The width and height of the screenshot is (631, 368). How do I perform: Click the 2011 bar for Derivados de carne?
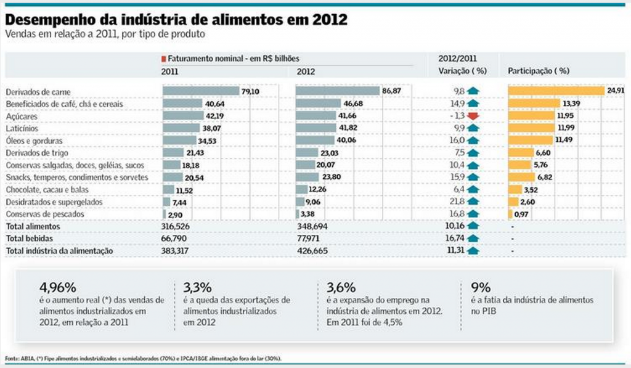(x=201, y=91)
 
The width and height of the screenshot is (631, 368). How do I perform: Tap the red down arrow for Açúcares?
(x=473, y=116)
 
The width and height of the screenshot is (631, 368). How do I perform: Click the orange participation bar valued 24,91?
(x=556, y=91)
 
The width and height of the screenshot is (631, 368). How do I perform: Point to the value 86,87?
(x=392, y=91)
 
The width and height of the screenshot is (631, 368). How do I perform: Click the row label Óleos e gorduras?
(x=29, y=141)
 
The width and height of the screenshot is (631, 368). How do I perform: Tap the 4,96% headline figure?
(x=57, y=287)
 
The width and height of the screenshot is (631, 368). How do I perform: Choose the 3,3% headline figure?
(x=197, y=287)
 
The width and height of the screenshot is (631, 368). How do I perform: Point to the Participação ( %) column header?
(x=538, y=71)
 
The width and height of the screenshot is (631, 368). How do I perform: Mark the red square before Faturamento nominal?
(x=163, y=59)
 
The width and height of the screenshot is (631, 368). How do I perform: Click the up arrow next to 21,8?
(x=473, y=202)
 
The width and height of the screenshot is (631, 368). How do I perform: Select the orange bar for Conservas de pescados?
(x=510, y=214)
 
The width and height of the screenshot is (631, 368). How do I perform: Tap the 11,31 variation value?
(x=454, y=250)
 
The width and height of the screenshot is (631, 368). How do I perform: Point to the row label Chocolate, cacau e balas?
(x=41, y=190)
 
